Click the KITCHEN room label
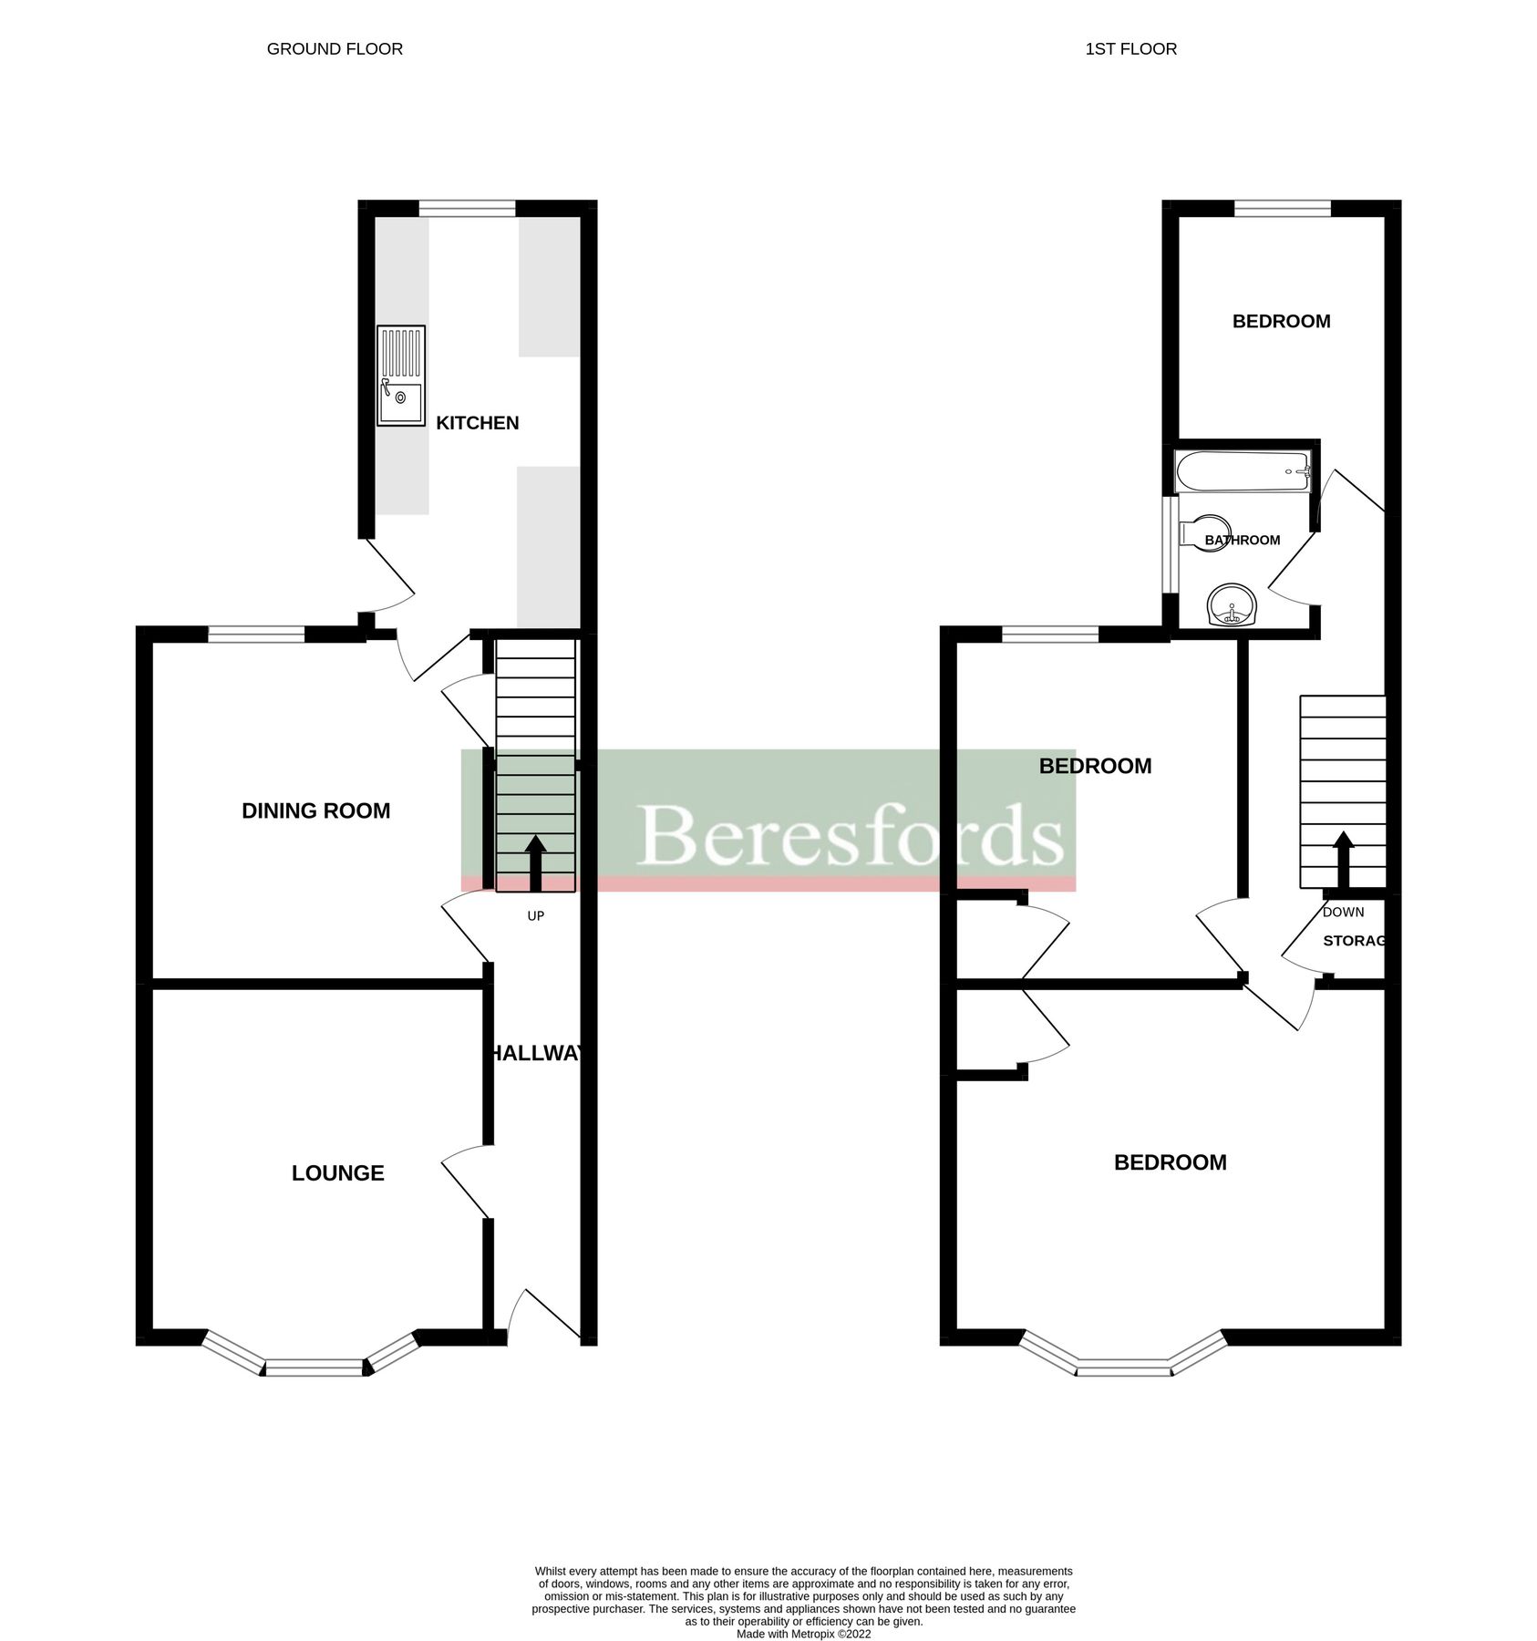coord(477,423)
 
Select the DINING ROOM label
coord(315,810)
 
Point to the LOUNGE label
coord(337,1173)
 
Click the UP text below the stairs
coord(535,915)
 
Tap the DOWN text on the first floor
coord(1343,912)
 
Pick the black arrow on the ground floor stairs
coord(535,862)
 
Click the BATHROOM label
coord(1243,541)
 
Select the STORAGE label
coord(1355,941)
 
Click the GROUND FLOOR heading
coord(335,49)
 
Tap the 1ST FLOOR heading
coord(1130,49)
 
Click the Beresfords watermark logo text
coord(850,835)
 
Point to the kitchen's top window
coord(467,209)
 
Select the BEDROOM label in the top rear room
coord(1281,321)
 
